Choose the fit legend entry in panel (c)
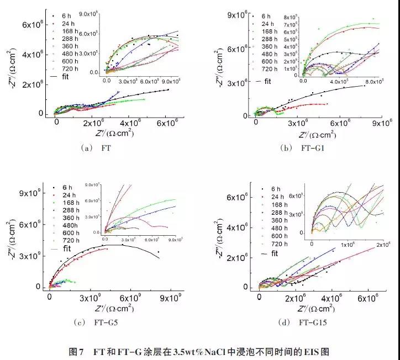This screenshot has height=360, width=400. [x=70, y=249]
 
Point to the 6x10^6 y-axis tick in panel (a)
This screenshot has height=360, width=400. [x=34, y=24]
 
